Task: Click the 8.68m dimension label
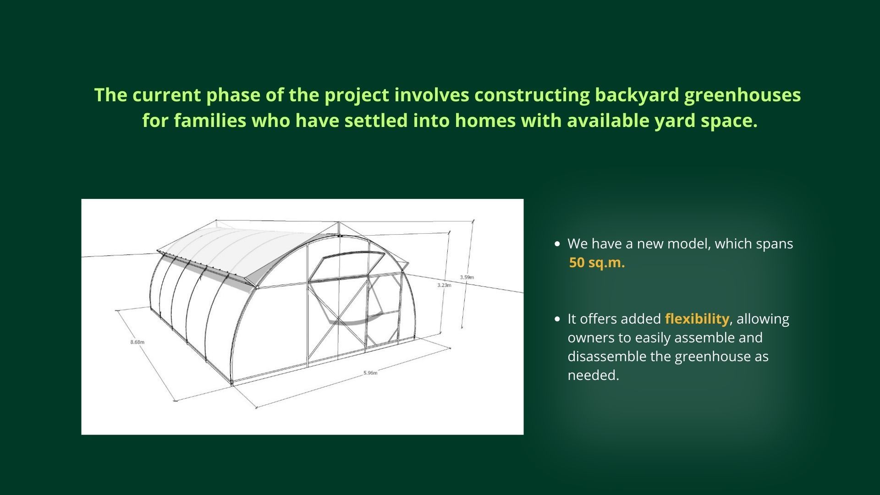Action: pos(137,342)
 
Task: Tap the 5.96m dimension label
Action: pos(370,373)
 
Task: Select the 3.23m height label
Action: pos(444,285)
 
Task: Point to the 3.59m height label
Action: pos(467,277)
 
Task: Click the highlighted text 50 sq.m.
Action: pos(597,263)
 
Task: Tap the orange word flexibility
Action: pos(697,319)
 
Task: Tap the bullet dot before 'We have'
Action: pos(557,244)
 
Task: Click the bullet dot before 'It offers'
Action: pos(557,319)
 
